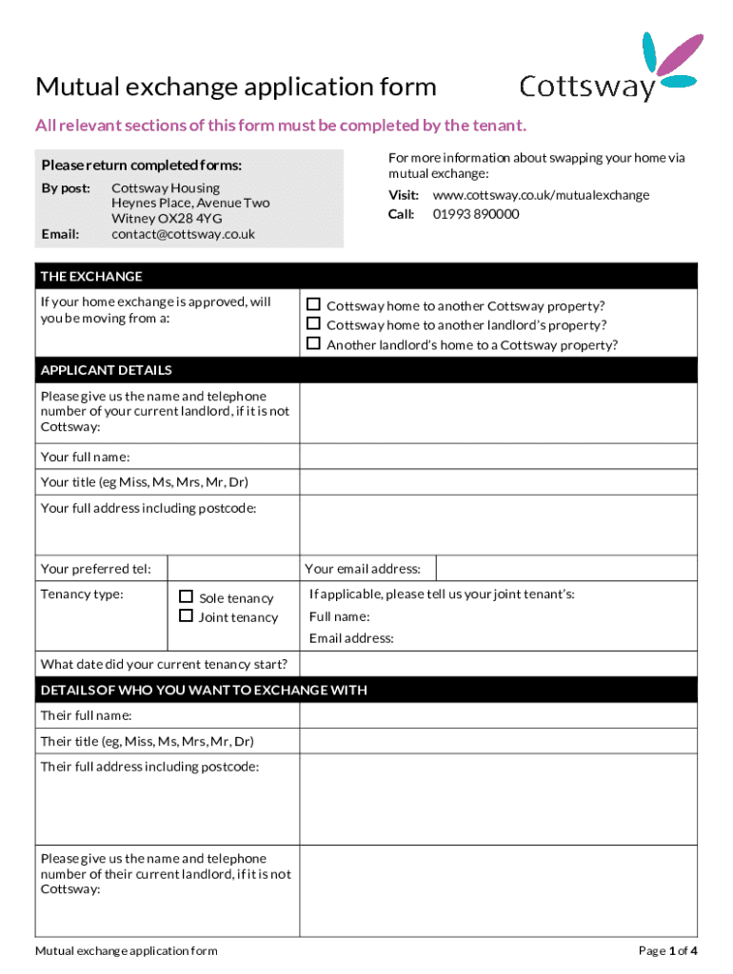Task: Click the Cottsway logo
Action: pyautogui.click(x=609, y=68)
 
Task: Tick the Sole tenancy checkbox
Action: pyautogui.click(x=187, y=597)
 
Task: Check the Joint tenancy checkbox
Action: pyautogui.click(x=187, y=616)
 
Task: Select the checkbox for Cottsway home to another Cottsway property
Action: pyautogui.click(x=313, y=305)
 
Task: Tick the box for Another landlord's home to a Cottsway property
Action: pyautogui.click(x=313, y=344)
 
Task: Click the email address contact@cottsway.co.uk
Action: pyautogui.click(x=183, y=234)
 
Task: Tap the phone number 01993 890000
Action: pyautogui.click(x=476, y=214)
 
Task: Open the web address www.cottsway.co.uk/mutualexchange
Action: pyautogui.click(x=541, y=195)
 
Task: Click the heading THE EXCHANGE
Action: pyautogui.click(x=91, y=277)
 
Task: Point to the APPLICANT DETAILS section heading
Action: pyautogui.click(x=106, y=370)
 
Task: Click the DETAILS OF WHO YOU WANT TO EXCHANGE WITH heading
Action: pyautogui.click(x=204, y=690)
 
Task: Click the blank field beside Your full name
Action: pyautogui.click(x=499, y=457)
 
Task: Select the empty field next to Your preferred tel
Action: pyautogui.click(x=233, y=569)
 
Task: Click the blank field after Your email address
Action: pyautogui.click(x=566, y=569)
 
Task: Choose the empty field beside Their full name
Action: pyautogui.click(x=499, y=715)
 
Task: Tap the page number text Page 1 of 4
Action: pyautogui.click(x=668, y=950)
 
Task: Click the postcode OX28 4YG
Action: pyautogui.click(x=188, y=219)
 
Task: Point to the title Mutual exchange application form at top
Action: pyautogui.click(x=236, y=88)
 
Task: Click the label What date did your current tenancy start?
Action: pyautogui.click(x=165, y=664)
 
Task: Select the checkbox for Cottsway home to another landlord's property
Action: pyautogui.click(x=313, y=324)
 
